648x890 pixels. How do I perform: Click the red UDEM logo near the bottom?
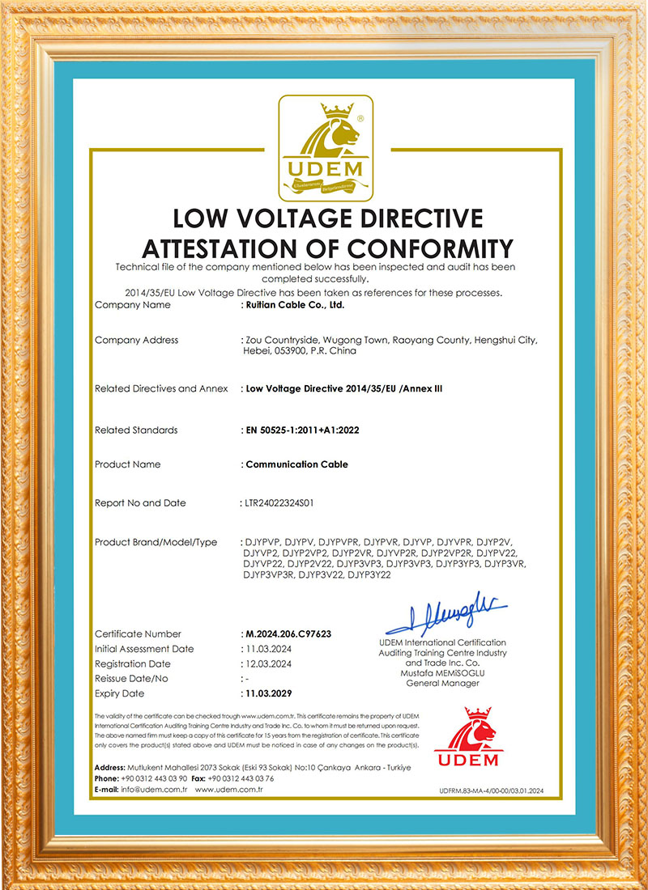(468, 739)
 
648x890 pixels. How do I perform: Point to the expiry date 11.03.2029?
(268, 693)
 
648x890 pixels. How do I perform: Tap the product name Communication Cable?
(296, 464)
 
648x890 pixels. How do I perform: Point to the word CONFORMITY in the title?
(431, 247)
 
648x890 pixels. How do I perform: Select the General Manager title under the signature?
(442, 684)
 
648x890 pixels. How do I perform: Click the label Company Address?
(136, 340)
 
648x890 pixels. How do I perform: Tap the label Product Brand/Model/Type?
(156, 542)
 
